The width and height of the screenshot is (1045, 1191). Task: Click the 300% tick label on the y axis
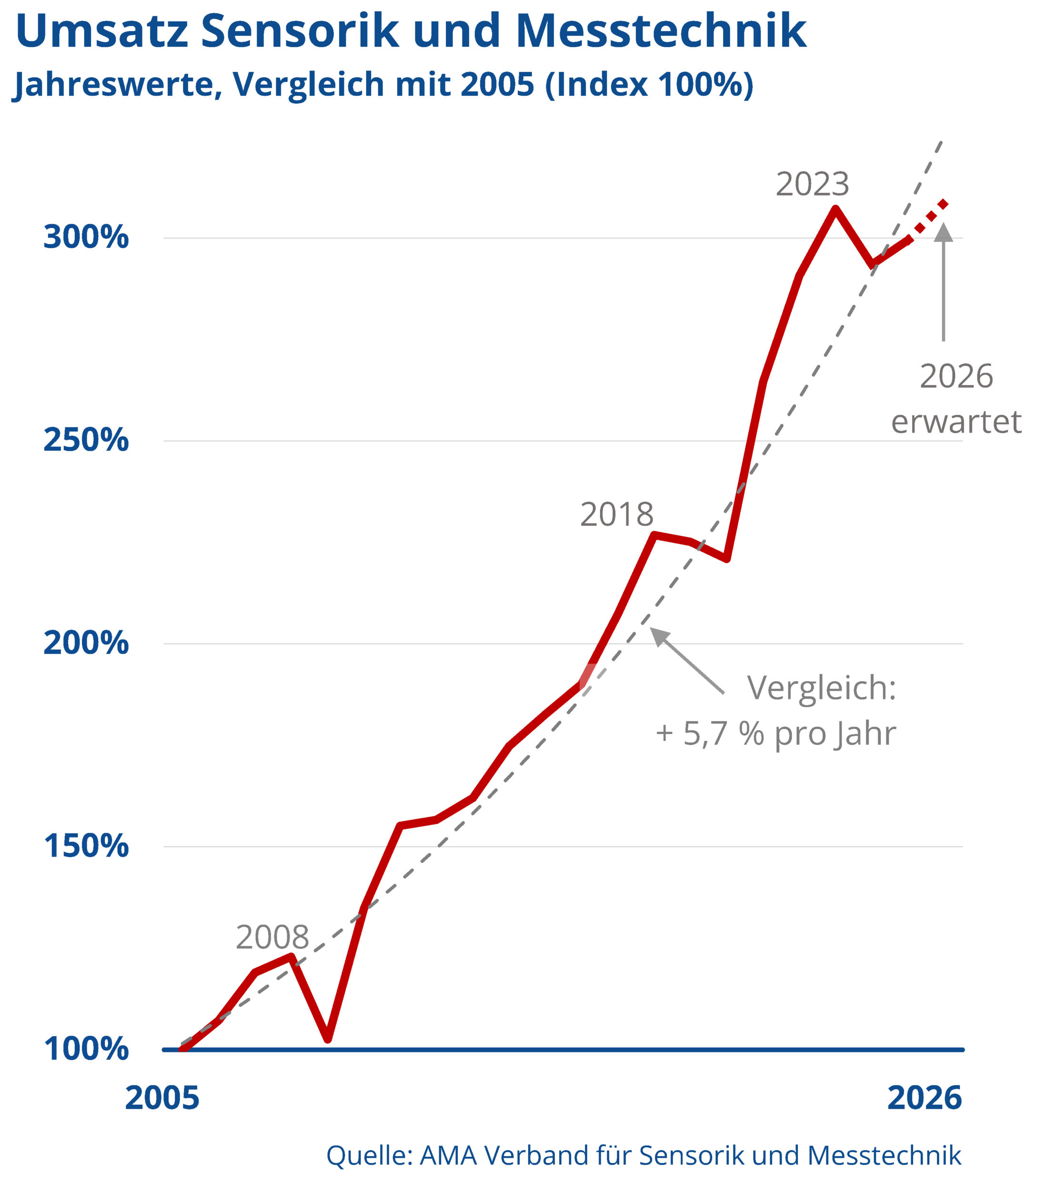coord(86,237)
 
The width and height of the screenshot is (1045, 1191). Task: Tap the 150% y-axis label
coord(86,846)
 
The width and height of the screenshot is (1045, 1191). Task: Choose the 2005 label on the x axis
coord(162,1099)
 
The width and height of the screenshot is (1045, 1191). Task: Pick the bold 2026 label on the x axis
coord(924,1099)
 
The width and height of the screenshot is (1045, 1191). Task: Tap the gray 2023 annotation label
coord(812,184)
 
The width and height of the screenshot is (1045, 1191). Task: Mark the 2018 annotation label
coord(616,515)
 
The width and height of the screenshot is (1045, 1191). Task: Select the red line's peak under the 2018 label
coord(655,535)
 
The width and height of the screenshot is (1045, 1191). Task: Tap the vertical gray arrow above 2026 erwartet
coord(943,280)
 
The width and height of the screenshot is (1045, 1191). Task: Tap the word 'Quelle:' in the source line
coord(369,1155)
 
